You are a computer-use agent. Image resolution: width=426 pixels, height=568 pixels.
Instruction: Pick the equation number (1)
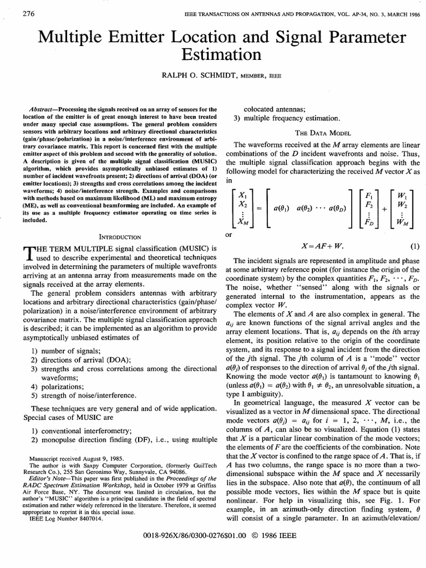click(x=413, y=246)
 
